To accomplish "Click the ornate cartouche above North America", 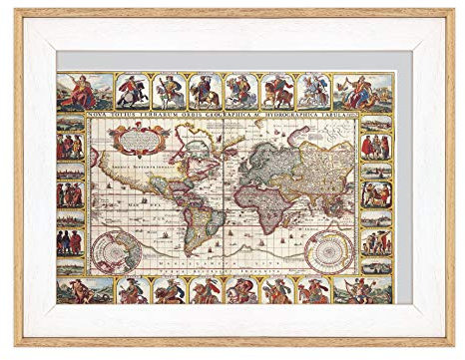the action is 131,141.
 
